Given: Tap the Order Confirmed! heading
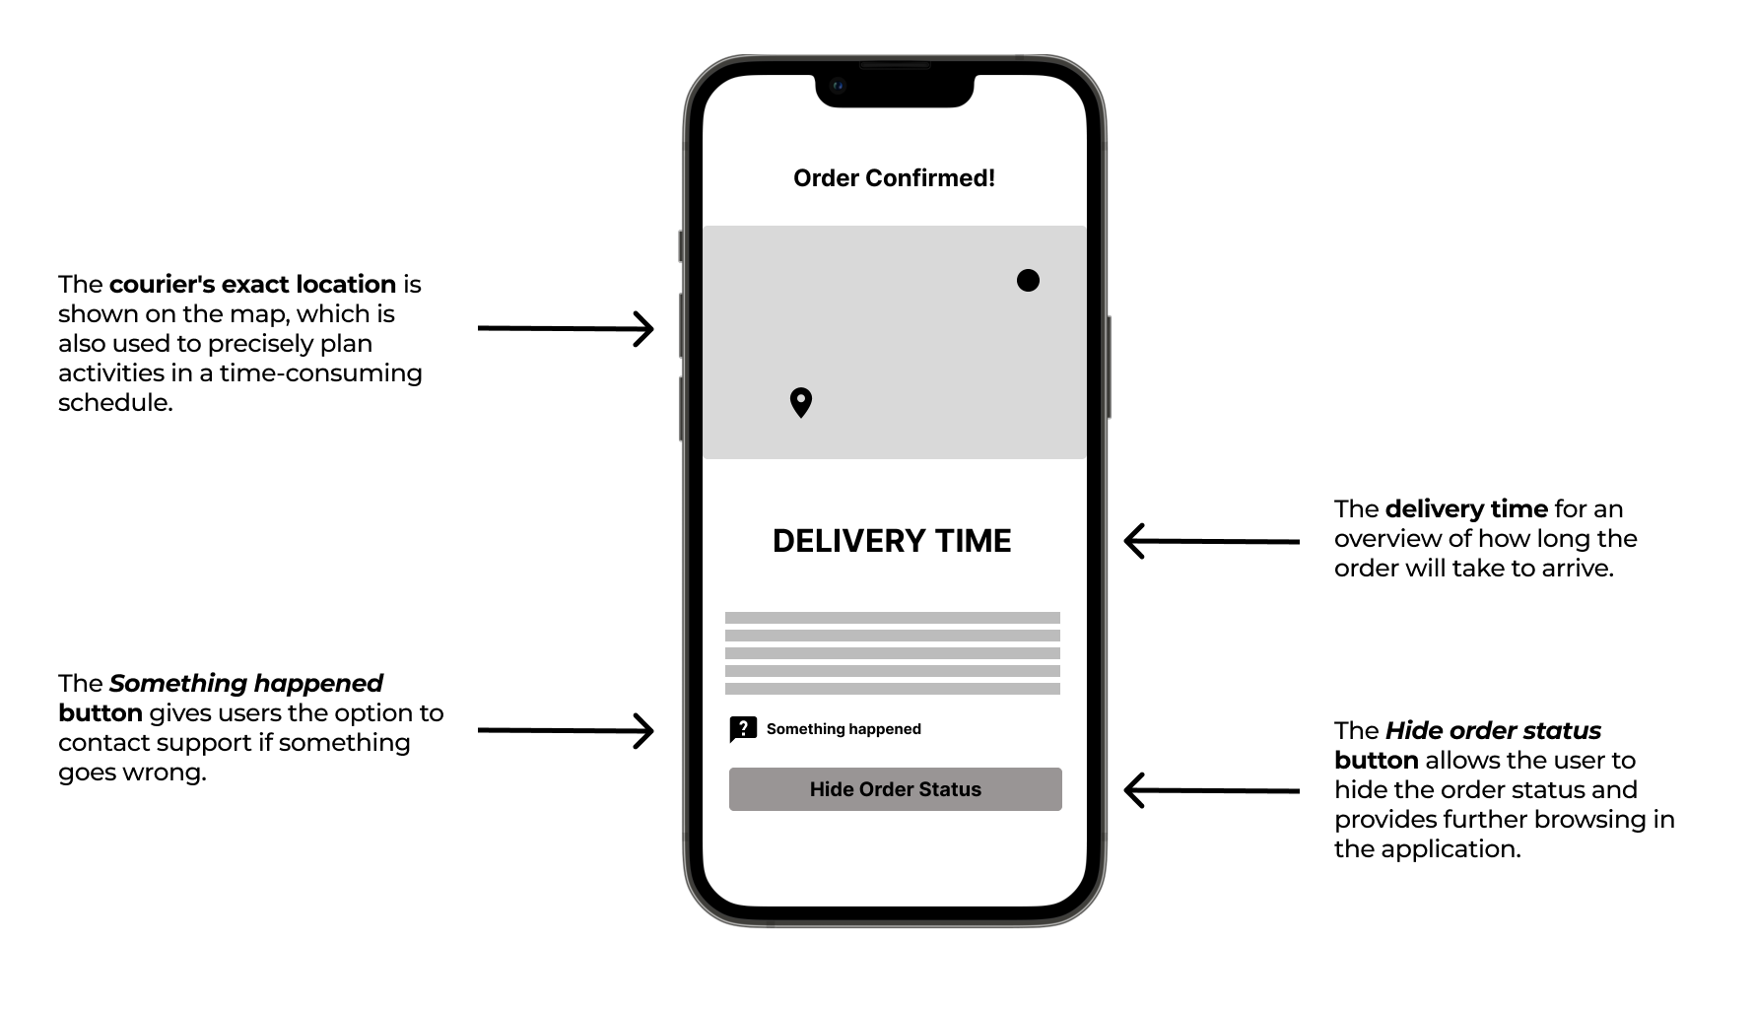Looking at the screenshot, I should pyautogui.click(x=894, y=178).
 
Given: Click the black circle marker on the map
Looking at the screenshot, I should pyautogui.click(x=1028, y=281).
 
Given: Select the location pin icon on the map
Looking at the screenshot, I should pyautogui.click(x=801, y=402).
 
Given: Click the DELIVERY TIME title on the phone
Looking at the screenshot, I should pyautogui.click(x=892, y=541).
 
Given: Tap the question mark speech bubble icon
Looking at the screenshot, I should pyautogui.click(x=743, y=729).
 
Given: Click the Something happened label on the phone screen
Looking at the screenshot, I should pyautogui.click(x=843, y=729).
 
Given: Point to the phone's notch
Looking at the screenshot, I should pyautogui.click(x=894, y=90).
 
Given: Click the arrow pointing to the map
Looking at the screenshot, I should pyautogui.click(x=566, y=328).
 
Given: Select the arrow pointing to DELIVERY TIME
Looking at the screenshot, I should pyautogui.click(x=1211, y=541).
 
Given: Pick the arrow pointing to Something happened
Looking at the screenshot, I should pyautogui.click(x=566, y=730).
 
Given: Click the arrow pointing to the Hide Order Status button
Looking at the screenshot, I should pyautogui.click(x=1211, y=790).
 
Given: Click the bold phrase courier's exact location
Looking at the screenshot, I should pyautogui.click(x=252, y=285).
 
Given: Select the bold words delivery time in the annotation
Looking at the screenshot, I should pyautogui.click(x=1466, y=509).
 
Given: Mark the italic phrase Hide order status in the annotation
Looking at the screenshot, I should pyautogui.click(x=1493, y=731).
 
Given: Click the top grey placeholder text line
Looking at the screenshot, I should pyautogui.click(x=892, y=618).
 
